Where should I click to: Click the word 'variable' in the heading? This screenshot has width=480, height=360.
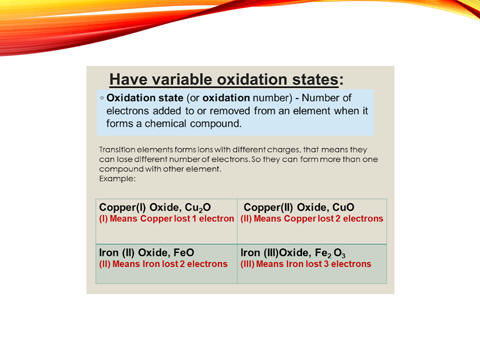[182, 80]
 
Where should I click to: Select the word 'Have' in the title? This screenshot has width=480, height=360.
[128, 80]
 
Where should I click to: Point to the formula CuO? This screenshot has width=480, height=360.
[343, 207]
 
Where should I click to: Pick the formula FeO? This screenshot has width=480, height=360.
[184, 253]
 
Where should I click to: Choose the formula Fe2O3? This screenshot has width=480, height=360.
[330, 253]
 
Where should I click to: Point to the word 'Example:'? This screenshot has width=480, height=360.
[117, 179]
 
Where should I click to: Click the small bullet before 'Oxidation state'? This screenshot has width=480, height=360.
[102, 98]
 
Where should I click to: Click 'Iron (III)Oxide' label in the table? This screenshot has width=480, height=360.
[275, 253]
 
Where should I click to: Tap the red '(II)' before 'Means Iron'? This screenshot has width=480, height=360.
[105, 264]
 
